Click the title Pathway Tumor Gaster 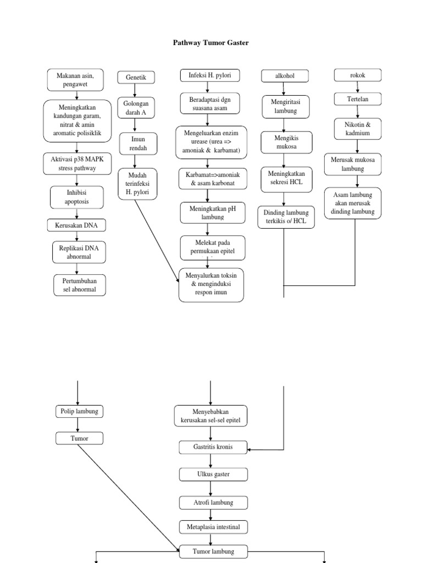(x=211, y=42)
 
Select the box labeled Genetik (x=136, y=78)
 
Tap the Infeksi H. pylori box (x=206, y=75)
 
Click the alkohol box (x=285, y=76)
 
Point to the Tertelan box (x=358, y=99)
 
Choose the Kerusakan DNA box (x=76, y=225)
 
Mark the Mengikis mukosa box (x=286, y=143)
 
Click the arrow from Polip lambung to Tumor (x=78, y=424)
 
